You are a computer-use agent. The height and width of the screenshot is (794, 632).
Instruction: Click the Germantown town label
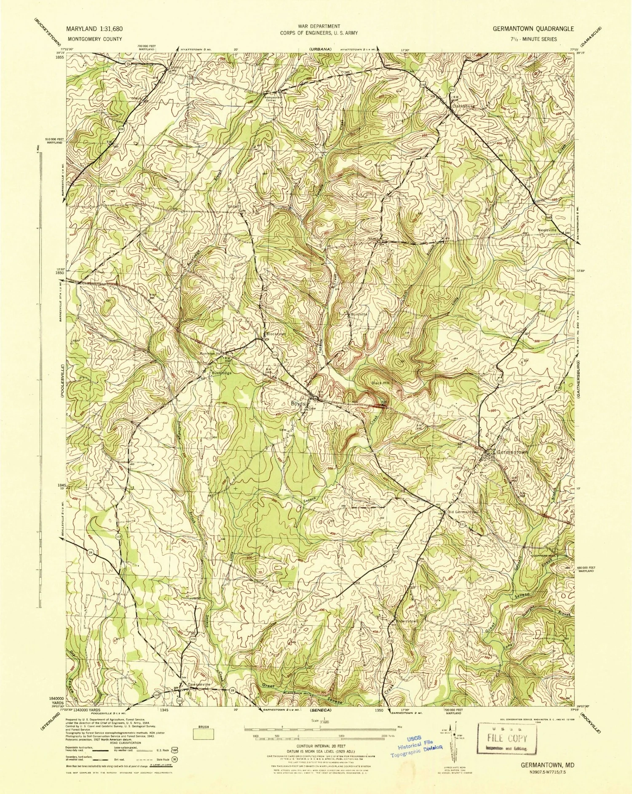pos(512,452)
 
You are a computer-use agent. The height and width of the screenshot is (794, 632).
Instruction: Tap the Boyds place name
pos(297,404)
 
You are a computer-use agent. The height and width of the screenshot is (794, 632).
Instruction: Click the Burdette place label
pos(359,314)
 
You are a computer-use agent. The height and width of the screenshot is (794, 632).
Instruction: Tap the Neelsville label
pos(547,230)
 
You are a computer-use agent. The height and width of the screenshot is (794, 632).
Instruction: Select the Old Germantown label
pos(463,512)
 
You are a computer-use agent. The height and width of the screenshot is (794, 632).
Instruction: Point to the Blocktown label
pos(276,334)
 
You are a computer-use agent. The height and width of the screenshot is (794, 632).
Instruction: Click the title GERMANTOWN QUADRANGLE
pos(533,29)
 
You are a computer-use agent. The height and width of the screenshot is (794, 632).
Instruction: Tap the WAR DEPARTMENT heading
pos(319,26)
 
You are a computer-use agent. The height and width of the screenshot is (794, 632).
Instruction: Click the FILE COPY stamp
pos(507,738)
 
